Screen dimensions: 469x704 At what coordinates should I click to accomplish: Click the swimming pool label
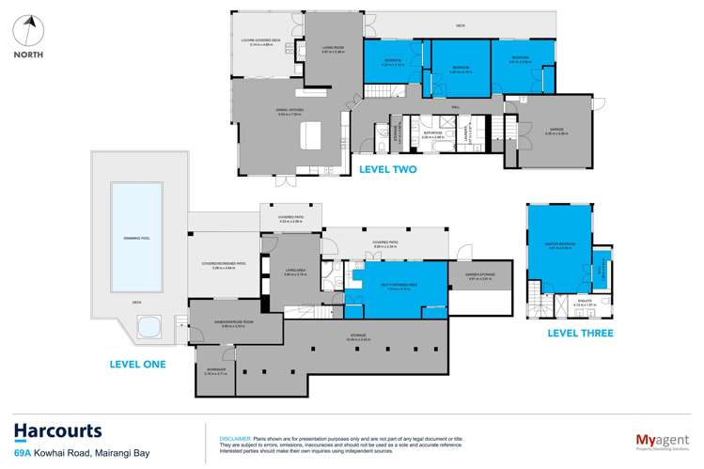point(135,238)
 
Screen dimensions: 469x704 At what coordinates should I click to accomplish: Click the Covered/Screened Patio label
point(223,266)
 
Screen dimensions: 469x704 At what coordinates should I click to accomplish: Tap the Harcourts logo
point(58,431)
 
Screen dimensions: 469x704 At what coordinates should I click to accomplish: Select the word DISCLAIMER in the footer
point(234,437)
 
